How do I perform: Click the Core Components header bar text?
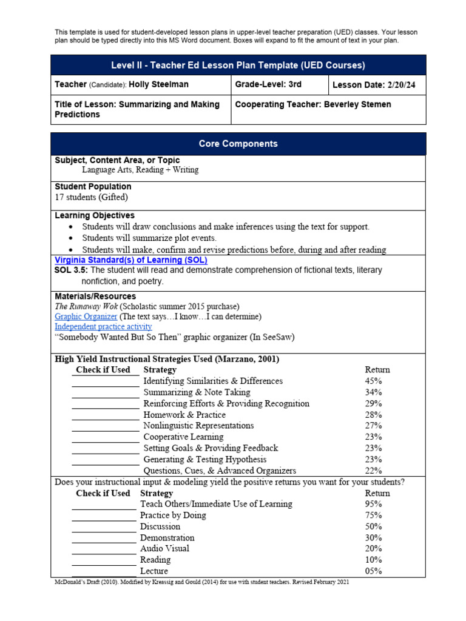coord(238,144)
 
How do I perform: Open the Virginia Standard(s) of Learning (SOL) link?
coord(130,260)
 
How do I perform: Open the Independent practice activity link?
coord(103,327)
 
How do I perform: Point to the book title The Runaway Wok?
coord(86,306)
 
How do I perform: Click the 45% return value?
coord(373,381)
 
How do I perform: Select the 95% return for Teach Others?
coord(373,504)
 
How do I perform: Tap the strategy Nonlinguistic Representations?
coord(198,426)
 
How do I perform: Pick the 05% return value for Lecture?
coord(373,571)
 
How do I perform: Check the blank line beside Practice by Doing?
coord(104,516)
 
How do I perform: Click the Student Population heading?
coord(93,187)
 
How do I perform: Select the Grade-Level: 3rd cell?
coord(268,85)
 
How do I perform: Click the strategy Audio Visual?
coord(164,548)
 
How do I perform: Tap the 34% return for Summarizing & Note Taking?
coord(373,392)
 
